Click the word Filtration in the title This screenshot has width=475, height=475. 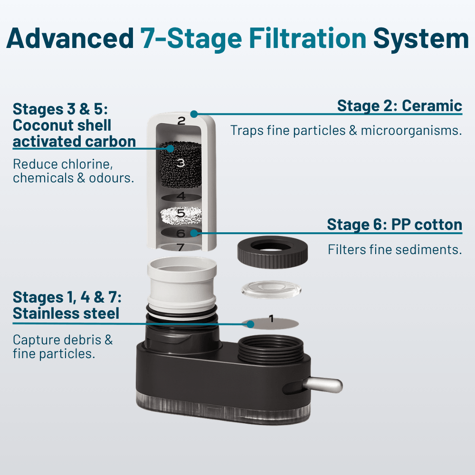[x=308, y=38]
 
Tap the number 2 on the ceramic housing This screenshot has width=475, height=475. [x=181, y=121]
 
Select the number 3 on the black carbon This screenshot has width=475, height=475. [x=180, y=163]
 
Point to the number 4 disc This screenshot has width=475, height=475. [x=180, y=196]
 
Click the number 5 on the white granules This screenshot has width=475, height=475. [x=180, y=214]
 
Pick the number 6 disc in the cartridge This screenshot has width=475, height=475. [x=180, y=233]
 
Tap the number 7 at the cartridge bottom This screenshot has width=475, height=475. [x=180, y=247]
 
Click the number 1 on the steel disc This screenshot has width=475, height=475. [x=271, y=319]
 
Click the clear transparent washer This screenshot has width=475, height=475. [x=271, y=289]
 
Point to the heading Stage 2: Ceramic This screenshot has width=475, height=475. [x=399, y=105]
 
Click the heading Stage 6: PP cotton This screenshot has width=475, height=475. [x=394, y=224]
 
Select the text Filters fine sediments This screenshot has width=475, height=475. [x=395, y=249]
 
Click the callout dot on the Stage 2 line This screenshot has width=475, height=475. [x=193, y=114]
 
